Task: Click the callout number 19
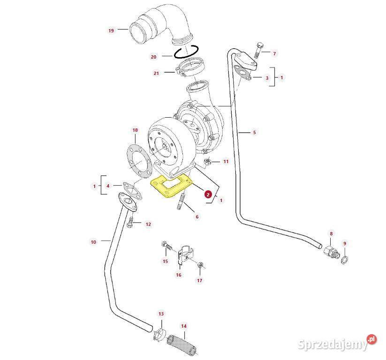click(111, 30)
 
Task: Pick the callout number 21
click(156, 73)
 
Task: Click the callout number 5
click(255, 133)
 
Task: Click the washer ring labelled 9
click(344, 260)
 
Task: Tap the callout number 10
click(93, 242)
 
